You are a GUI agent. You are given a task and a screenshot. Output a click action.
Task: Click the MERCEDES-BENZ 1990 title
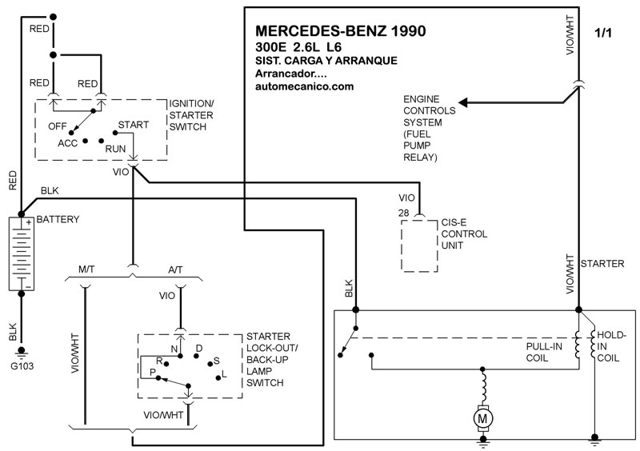pos(340,31)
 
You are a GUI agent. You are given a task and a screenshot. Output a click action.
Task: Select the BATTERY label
pos(58,218)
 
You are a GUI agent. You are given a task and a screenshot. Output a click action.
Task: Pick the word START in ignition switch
pos(132,126)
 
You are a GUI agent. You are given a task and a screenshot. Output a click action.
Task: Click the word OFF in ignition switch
pos(58,126)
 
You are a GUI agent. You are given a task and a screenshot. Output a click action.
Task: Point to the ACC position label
pos(67,142)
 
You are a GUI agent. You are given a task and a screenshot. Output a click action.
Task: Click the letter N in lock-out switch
pos(174,349)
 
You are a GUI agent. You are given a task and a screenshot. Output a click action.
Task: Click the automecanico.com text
pos(304,86)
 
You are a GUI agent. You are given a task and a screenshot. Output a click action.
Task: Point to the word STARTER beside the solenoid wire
pos(604,262)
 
